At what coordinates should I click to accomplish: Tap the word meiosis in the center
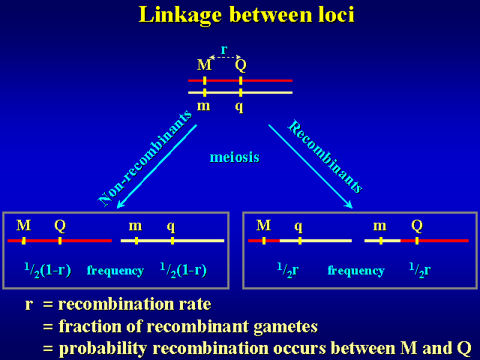pos(235,157)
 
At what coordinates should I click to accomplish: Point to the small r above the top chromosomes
pos(223,50)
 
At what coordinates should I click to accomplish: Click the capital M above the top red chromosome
pos(204,65)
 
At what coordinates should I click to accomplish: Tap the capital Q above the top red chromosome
pos(240,65)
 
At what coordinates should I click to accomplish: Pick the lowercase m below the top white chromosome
pos(203,106)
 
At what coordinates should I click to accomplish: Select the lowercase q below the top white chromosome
pos(239,106)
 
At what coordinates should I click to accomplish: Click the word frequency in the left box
pos(115,271)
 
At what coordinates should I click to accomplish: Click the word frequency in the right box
pos(355,271)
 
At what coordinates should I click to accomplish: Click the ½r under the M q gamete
pos(288,270)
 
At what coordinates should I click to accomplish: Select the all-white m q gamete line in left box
pos(172,241)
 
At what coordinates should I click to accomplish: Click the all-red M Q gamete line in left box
pos(59,241)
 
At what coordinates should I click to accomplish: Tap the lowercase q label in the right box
pos(298,225)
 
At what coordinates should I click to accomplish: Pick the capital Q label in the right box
pos(417,225)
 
